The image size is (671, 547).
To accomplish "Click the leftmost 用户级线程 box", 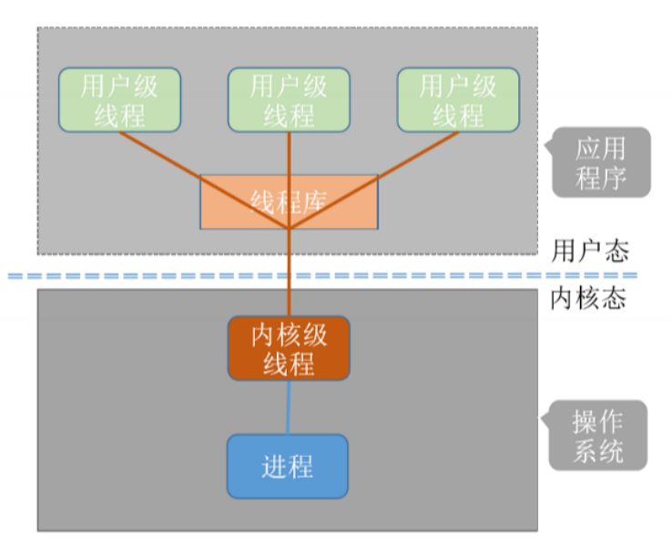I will (119, 99).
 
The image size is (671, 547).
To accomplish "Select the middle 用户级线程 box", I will (289, 99).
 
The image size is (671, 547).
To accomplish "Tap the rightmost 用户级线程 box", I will (458, 99).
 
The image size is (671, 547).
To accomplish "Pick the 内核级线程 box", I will (289, 348).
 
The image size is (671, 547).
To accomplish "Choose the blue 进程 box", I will (288, 466).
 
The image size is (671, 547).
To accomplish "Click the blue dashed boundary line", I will (182, 274).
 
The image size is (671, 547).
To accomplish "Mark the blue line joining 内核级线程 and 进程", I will (289, 407).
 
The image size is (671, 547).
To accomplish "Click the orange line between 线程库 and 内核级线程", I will (289, 273).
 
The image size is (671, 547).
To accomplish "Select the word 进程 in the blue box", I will (288, 466).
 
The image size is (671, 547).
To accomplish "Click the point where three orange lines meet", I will (289, 228).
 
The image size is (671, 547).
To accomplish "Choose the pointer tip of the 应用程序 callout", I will (544, 145).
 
